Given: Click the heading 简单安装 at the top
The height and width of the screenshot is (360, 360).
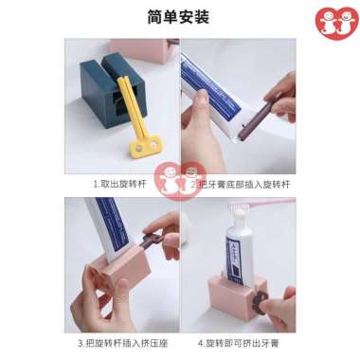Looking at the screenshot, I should [179, 17].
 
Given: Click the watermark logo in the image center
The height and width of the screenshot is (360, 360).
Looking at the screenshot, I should [179, 180].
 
